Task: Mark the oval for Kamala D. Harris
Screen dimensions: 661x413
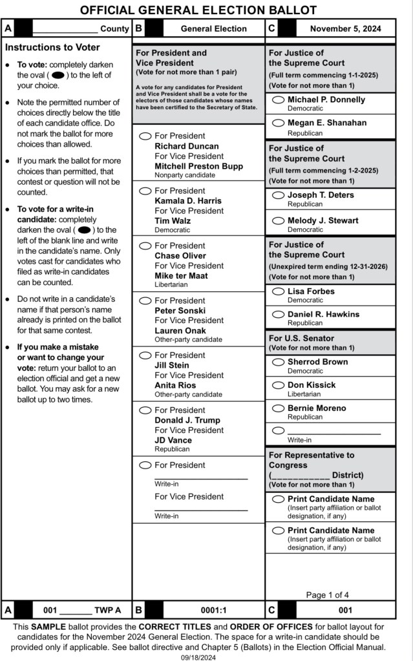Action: (x=146, y=191)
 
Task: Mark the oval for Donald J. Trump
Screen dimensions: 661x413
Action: (x=146, y=410)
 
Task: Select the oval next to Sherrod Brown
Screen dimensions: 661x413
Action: (x=279, y=362)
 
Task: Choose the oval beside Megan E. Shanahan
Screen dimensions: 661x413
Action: (x=279, y=123)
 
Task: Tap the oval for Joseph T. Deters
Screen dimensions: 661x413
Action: (x=279, y=195)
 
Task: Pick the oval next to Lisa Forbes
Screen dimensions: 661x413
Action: (x=279, y=291)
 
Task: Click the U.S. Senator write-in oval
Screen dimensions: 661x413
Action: (x=279, y=430)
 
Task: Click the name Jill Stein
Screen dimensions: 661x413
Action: (x=172, y=365)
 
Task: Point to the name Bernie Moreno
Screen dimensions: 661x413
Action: (x=317, y=408)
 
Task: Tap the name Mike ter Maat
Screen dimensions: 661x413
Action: (x=181, y=275)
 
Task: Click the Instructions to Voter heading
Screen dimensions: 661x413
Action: (x=52, y=47)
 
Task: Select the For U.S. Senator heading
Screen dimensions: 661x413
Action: (x=301, y=338)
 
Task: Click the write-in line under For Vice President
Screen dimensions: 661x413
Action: (x=201, y=509)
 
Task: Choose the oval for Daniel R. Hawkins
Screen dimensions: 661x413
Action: (x=279, y=315)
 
